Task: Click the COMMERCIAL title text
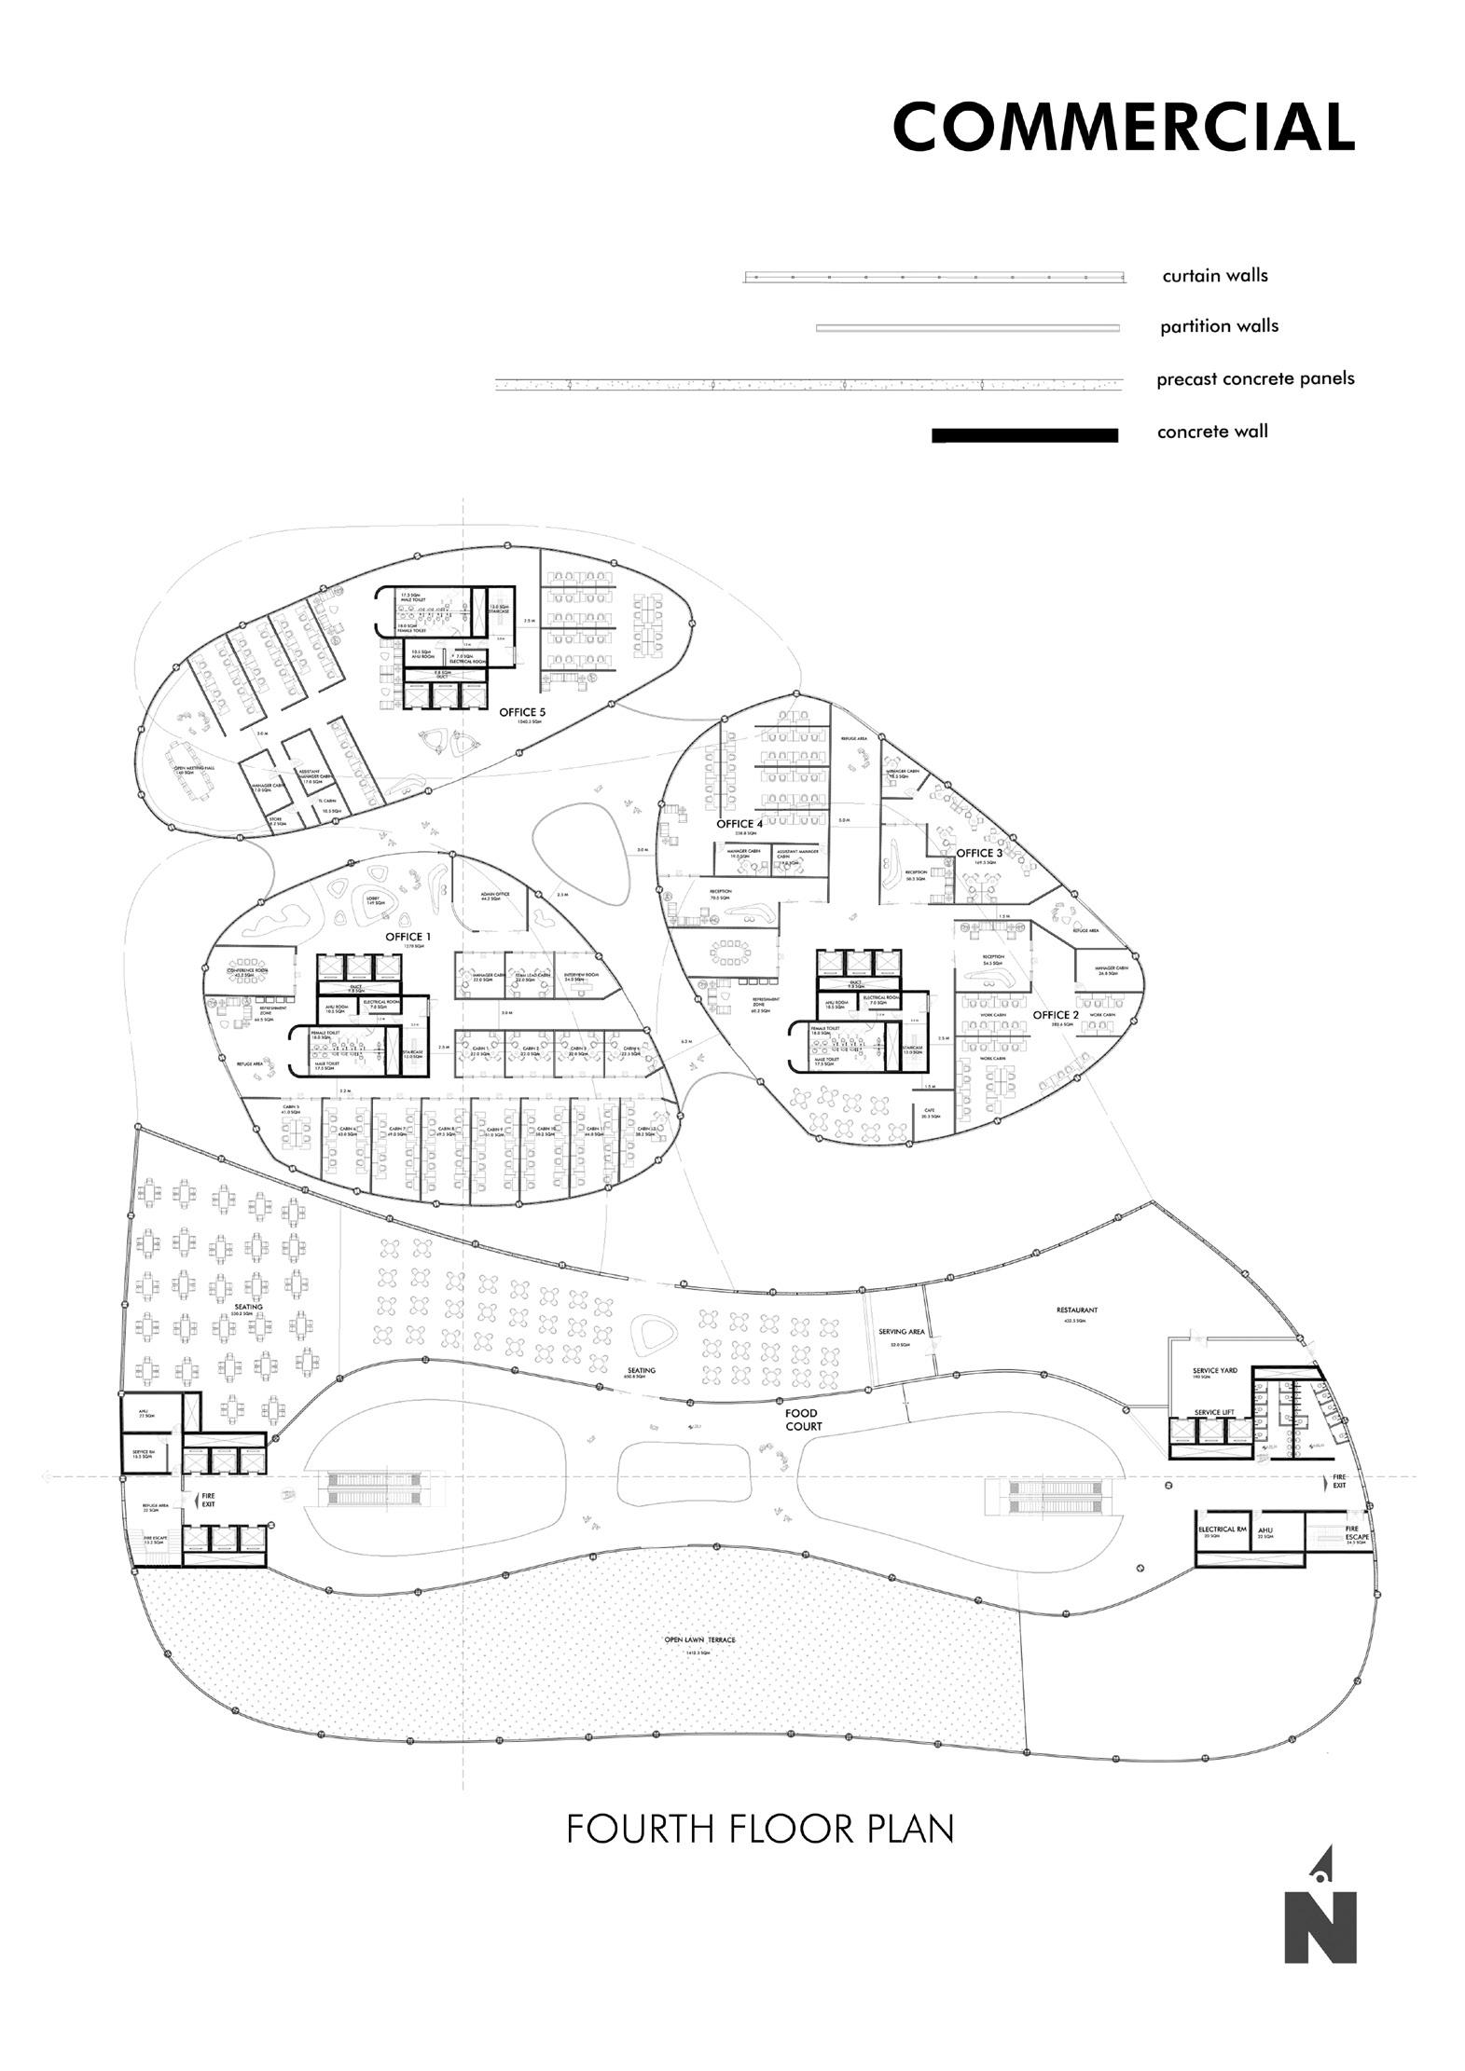tap(1123, 127)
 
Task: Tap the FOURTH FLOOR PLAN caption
tap(760, 1829)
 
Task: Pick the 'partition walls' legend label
tap(1219, 326)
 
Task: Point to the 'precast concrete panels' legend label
tap(1255, 379)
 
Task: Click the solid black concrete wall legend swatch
tap(1025, 435)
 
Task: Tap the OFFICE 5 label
tap(522, 712)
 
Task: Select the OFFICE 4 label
tap(739, 824)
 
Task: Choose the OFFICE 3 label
tap(980, 853)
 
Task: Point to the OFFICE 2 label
tap(1057, 1015)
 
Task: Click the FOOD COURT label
tap(802, 1420)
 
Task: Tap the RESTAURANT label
tap(1079, 1310)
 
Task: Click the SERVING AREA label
tap(901, 1332)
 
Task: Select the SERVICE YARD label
tap(1214, 1371)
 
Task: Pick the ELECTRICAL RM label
tap(1222, 1529)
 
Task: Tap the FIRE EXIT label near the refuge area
tap(208, 1500)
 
